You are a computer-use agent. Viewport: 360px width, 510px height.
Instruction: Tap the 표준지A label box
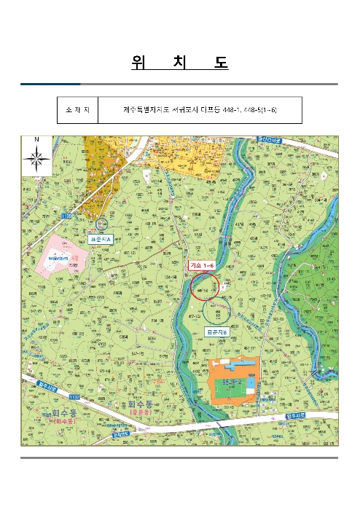[102, 238]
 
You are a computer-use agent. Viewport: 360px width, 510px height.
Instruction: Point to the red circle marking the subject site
[205, 286]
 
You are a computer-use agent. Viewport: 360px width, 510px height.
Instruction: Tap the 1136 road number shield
[67, 216]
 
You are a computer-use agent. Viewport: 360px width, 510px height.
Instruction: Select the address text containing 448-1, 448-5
[200, 111]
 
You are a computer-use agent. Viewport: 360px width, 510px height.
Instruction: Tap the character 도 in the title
[221, 63]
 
